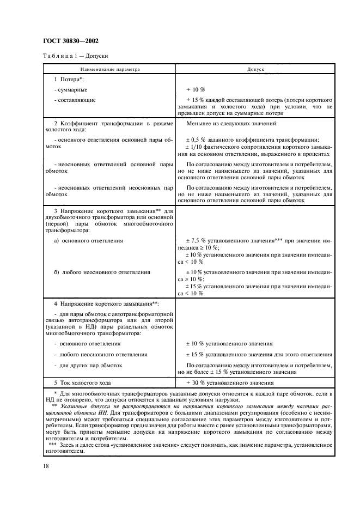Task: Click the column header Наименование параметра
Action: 110,70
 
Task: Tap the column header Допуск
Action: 255,70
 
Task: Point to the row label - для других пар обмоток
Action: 88,365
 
